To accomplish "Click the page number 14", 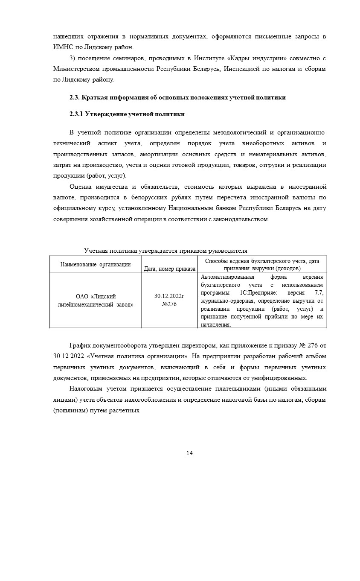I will point(189,453).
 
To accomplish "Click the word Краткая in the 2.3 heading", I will point(93,97).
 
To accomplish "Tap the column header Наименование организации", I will point(96,264).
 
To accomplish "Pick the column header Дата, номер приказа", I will point(170,269).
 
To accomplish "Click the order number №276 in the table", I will point(169,304).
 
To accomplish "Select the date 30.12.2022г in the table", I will point(169,296).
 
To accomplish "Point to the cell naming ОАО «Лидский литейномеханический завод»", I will point(96,300).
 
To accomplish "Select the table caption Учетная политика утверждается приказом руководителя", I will point(165,251).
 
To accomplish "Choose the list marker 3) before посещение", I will point(73,58).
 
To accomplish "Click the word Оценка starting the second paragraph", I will point(81,187).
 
